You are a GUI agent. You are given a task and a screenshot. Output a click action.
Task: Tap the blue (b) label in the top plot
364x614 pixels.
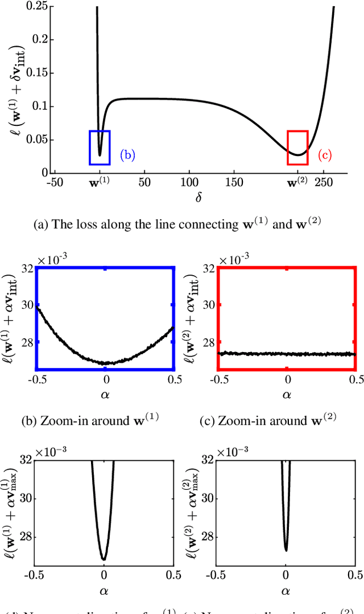click(x=127, y=154)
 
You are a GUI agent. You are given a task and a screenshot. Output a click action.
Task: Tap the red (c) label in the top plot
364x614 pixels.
click(x=324, y=154)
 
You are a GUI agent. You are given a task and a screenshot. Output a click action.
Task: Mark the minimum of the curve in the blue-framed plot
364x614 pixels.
click(x=106, y=363)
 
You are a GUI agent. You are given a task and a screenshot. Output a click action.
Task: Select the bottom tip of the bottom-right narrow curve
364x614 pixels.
click(x=286, y=550)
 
